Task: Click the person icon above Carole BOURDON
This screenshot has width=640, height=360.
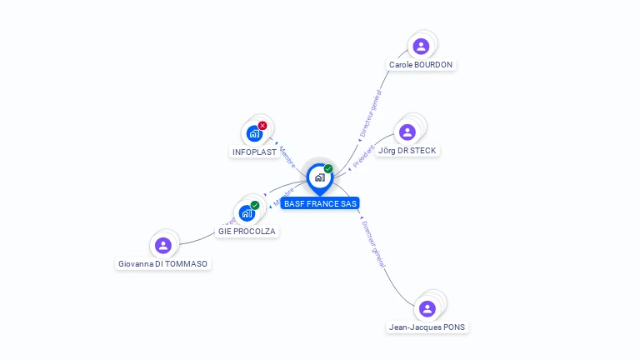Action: pos(421,46)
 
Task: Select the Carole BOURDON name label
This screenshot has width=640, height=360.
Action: pos(422,64)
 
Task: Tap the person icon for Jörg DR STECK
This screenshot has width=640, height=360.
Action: pos(407,132)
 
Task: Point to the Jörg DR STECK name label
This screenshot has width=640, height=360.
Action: pos(407,151)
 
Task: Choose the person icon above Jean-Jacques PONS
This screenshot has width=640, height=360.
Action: pos(427,308)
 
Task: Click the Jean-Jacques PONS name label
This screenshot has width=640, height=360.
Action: pos(427,327)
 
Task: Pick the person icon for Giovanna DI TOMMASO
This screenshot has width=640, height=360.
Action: pos(163,245)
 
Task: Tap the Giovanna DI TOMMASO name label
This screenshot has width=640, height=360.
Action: pos(162,263)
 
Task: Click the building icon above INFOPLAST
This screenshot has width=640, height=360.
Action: pos(253,133)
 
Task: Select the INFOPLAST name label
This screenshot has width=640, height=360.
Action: pos(254,152)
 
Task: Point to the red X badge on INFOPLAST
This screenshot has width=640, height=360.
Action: pos(262,126)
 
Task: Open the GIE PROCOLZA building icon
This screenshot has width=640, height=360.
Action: pos(247,212)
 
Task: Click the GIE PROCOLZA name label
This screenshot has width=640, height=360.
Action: pos(247,231)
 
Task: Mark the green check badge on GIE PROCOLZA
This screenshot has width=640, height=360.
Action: pos(255,205)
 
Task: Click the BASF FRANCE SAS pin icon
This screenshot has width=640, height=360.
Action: pos(319,177)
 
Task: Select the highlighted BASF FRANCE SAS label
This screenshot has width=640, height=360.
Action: pos(320,203)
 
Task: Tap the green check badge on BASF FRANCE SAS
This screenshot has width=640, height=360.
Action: pos(328,169)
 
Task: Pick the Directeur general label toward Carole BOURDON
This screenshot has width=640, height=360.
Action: pos(370,114)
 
